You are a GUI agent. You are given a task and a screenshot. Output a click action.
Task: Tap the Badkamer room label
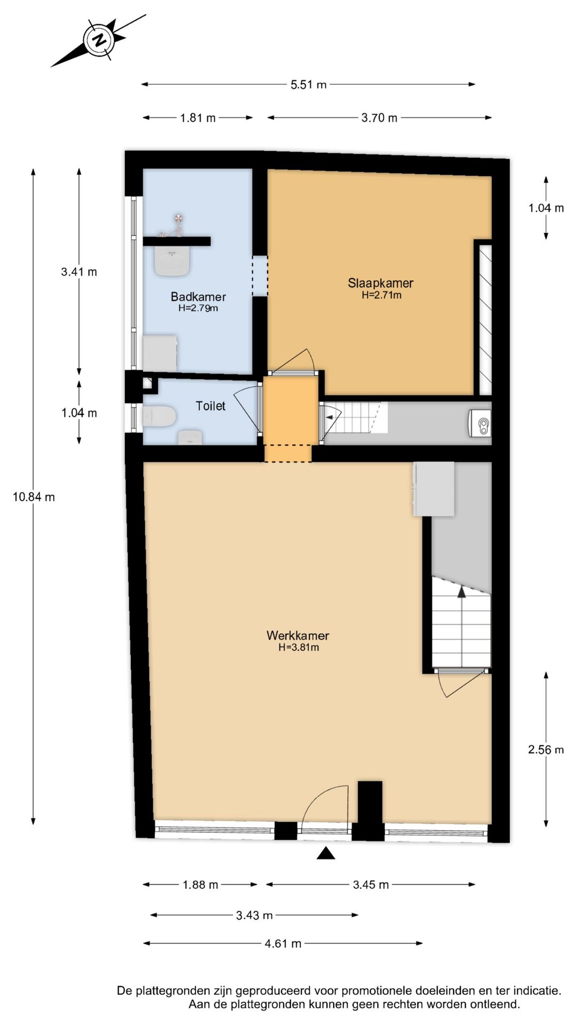pyautogui.click(x=198, y=297)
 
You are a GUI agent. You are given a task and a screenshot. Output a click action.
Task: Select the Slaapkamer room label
pyautogui.click(x=380, y=283)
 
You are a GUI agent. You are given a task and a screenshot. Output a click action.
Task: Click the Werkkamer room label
pyautogui.click(x=298, y=636)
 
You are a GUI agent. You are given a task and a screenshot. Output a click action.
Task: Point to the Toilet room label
pyautogui.click(x=210, y=406)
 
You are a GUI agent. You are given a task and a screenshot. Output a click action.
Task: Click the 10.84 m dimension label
pyautogui.click(x=34, y=497)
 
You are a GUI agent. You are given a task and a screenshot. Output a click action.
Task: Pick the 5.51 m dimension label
pyautogui.click(x=308, y=84)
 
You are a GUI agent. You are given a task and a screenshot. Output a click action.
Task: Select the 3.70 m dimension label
pyautogui.click(x=379, y=118)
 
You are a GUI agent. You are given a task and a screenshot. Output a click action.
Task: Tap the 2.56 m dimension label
pyautogui.click(x=546, y=750)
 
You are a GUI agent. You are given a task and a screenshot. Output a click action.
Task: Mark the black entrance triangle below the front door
pyautogui.click(x=326, y=854)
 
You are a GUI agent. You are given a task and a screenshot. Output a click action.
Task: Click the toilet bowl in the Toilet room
pyautogui.click(x=159, y=416)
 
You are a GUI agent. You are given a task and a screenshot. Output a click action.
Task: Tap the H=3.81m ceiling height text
pyautogui.click(x=299, y=648)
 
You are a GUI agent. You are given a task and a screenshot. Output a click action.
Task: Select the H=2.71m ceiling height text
pyautogui.click(x=381, y=295)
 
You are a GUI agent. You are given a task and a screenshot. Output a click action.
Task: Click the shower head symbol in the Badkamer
pyautogui.click(x=178, y=218)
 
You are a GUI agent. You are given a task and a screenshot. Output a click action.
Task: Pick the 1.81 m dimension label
pyautogui.click(x=198, y=118)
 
